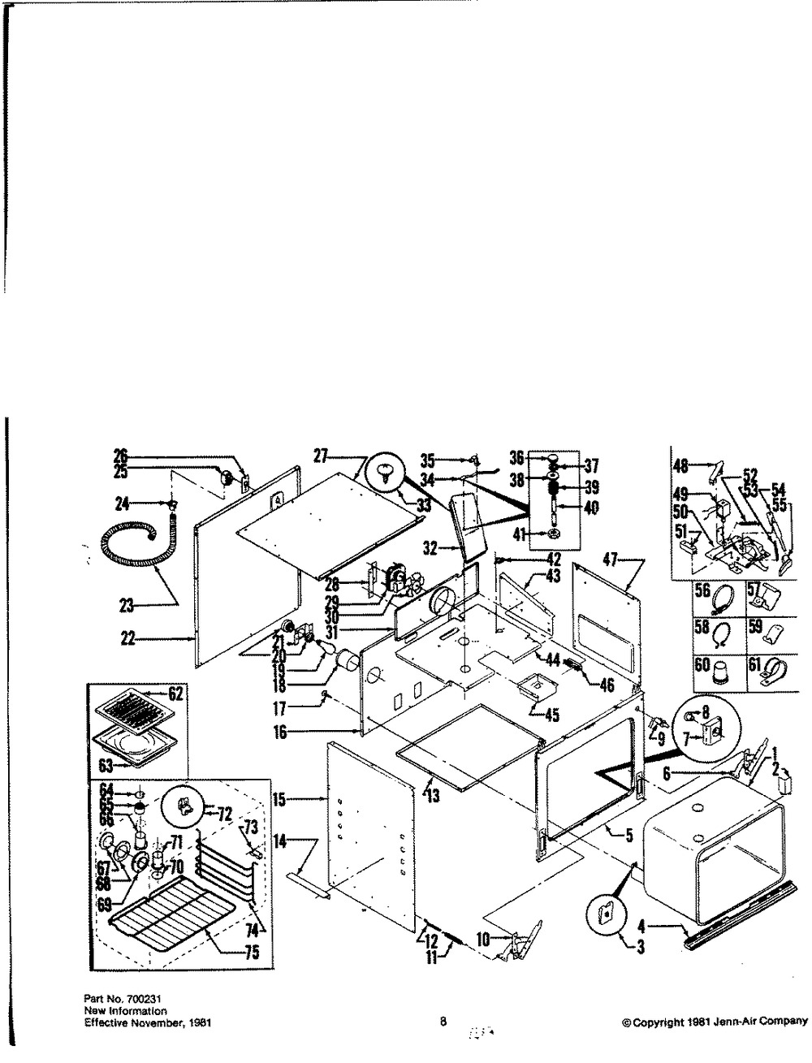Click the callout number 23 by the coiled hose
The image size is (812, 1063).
click(127, 605)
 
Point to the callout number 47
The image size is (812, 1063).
click(611, 561)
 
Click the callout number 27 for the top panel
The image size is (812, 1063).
click(321, 456)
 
